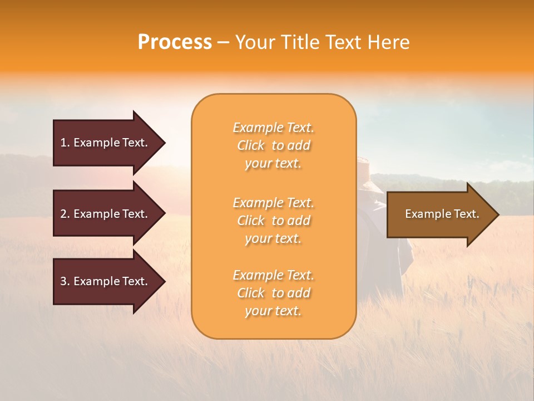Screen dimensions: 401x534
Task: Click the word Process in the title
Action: [175, 42]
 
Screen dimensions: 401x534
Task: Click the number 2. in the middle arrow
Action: [65, 214]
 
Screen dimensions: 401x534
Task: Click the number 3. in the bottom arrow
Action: [65, 281]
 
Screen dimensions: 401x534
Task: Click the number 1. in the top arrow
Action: [65, 143]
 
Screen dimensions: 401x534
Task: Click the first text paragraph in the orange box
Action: [273, 145]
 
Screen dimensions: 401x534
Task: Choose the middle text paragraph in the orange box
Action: [273, 221]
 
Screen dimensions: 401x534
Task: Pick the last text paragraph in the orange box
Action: [273, 293]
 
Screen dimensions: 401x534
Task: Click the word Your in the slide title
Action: [254, 42]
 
